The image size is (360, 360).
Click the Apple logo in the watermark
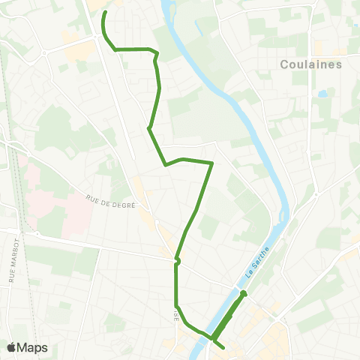point(11,347)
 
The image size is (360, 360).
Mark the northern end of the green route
point(105,13)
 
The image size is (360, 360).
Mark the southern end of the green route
point(223,345)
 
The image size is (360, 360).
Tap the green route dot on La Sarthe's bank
point(244,293)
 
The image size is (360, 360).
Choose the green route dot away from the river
point(177,261)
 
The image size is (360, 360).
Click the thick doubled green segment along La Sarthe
point(229,315)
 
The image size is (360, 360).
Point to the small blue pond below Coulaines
point(322,94)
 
